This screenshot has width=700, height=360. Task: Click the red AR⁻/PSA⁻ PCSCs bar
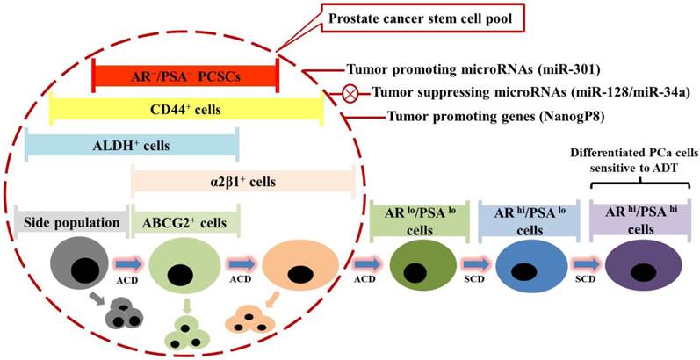point(185,76)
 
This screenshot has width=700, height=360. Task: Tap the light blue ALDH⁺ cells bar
point(132,145)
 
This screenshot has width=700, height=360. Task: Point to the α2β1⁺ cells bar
point(243,182)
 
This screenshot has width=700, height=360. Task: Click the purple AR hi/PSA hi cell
point(638,275)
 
